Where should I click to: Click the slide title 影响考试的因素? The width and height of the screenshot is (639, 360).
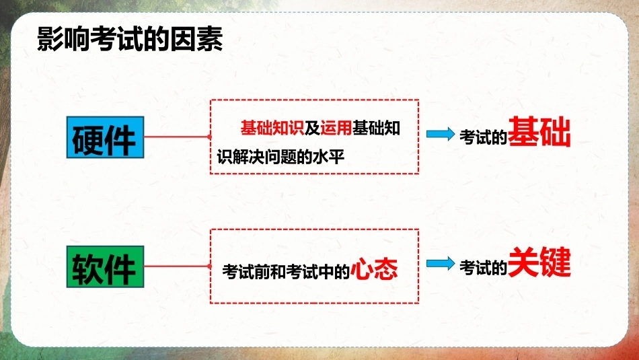[130, 39]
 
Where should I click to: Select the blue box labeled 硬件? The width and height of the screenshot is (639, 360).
[105, 137]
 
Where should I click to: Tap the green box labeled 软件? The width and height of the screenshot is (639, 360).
[105, 266]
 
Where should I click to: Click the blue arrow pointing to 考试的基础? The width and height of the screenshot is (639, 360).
[441, 134]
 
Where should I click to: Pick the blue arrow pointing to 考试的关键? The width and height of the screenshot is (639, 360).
[441, 264]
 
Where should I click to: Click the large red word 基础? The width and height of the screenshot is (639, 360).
[539, 131]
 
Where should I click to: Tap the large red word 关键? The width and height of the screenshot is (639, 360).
[539, 262]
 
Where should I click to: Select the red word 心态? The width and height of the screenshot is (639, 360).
[374, 268]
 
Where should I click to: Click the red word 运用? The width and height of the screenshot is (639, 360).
[336, 128]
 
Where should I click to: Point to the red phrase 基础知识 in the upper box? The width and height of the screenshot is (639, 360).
[272, 128]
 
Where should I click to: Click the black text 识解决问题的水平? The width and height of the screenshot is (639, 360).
[280, 157]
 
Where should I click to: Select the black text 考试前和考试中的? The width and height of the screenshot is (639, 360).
[286, 272]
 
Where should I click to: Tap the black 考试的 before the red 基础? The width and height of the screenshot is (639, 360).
[483, 137]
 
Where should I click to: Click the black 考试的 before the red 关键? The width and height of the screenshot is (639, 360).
[483, 267]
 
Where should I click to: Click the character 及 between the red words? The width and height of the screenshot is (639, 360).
[312, 128]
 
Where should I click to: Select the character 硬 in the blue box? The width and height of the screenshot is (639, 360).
[87, 140]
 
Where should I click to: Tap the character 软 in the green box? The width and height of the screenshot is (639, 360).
[87, 269]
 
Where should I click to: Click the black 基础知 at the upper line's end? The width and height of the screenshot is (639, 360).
[376, 128]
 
